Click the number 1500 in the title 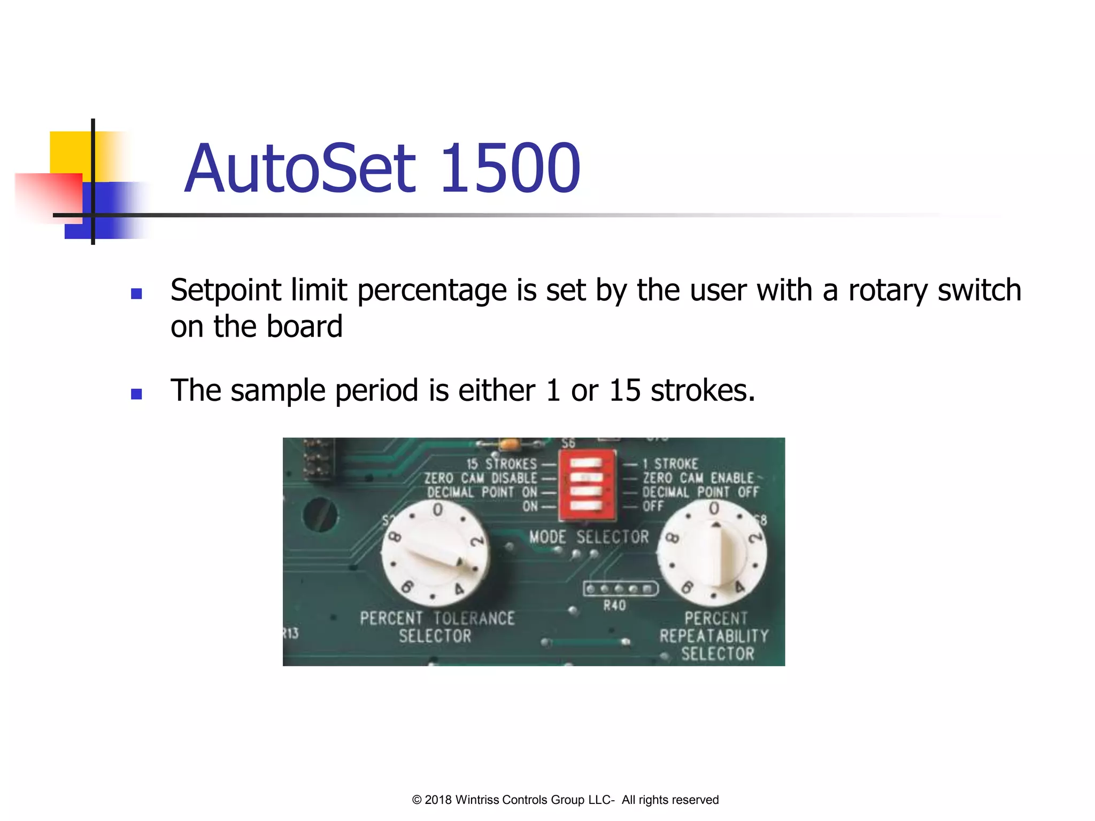click(511, 168)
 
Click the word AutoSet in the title click(300, 168)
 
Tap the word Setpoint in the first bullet click(225, 290)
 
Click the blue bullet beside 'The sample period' click(136, 394)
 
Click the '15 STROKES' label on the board click(501, 463)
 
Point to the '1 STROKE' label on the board click(670, 463)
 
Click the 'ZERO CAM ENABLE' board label click(697, 478)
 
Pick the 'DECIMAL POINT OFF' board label click(700, 492)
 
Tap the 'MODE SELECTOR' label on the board click(589, 537)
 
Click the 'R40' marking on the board click(614, 606)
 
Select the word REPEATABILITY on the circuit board click(714, 636)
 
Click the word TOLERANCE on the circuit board click(474, 618)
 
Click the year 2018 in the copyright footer click(438, 800)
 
